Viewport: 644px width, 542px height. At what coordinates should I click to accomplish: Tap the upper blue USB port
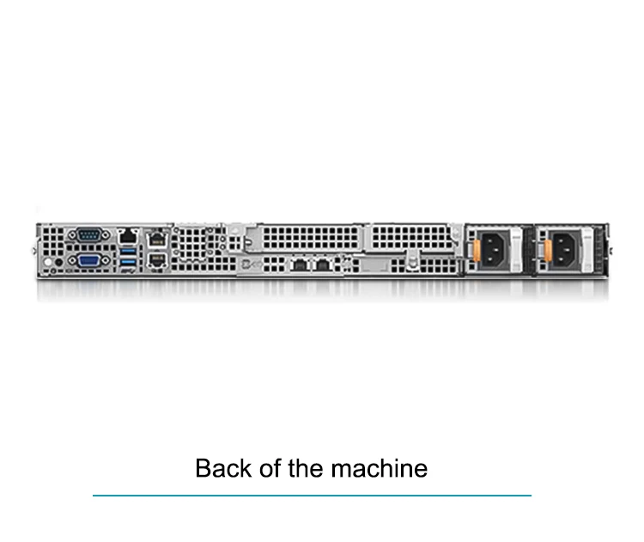[x=128, y=250]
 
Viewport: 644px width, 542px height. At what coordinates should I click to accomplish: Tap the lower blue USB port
[x=128, y=261]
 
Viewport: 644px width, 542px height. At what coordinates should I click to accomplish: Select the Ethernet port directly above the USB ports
[x=128, y=234]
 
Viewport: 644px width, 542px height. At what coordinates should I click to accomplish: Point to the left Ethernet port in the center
[x=299, y=264]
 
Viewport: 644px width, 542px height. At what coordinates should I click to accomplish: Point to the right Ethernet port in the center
[x=323, y=264]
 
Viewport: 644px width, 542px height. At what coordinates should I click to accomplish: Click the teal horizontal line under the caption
[x=312, y=496]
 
